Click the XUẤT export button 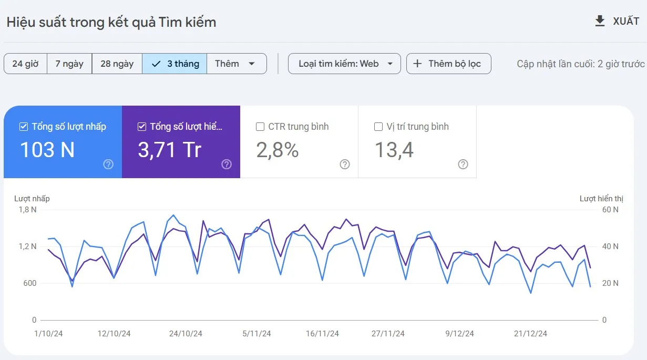pos(617,22)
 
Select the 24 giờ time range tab pos(25,64)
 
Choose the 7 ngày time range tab pos(69,64)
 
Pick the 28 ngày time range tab pos(117,64)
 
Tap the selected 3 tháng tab pos(174,64)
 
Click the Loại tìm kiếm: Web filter pos(344,64)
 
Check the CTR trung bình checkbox pos(260,127)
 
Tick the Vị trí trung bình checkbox pos(378,127)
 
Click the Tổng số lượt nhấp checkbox pos(23,127)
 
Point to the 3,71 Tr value pos(169,150)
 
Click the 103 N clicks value pos(47,150)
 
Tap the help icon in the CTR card pos(345,164)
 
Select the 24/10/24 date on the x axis pos(185,334)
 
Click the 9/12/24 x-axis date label pos(459,334)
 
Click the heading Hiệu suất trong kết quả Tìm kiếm pos(111,22)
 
